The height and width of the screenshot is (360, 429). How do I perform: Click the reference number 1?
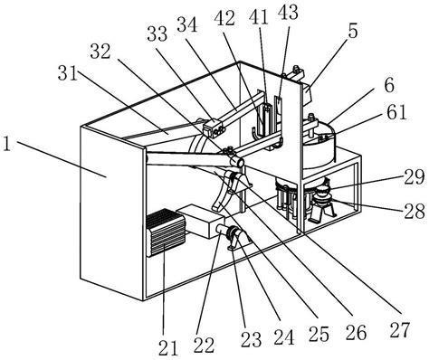(6, 145)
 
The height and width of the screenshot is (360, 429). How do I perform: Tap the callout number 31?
(68, 73)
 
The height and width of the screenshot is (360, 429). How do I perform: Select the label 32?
(100, 52)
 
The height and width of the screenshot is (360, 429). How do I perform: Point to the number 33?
(157, 34)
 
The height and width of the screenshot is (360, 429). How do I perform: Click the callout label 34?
(187, 24)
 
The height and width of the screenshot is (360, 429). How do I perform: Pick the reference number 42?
(224, 18)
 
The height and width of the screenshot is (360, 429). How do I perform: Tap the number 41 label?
(259, 17)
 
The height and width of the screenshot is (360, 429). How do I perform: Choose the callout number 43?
(288, 13)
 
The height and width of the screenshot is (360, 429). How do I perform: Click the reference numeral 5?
(353, 31)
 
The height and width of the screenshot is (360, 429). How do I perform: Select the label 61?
(397, 112)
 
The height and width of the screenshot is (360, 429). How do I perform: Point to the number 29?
(415, 177)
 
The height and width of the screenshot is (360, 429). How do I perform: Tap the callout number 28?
(415, 211)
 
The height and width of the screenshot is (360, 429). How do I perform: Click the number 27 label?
(400, 329)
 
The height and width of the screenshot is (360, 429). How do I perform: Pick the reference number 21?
(168, 347)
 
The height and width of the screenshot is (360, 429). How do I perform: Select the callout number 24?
(284, 336)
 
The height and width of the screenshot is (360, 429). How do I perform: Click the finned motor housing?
(166, 232)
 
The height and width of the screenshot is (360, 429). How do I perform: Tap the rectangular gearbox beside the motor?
(200, 221)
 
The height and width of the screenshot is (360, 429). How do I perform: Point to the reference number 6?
(389, 86)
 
